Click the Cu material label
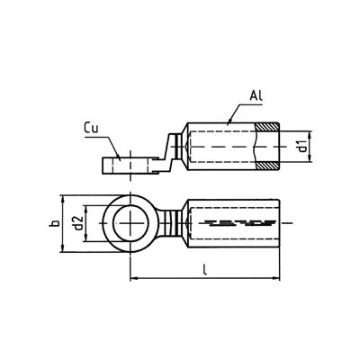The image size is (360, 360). [94, 129]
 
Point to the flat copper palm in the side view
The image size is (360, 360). [126, 166]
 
